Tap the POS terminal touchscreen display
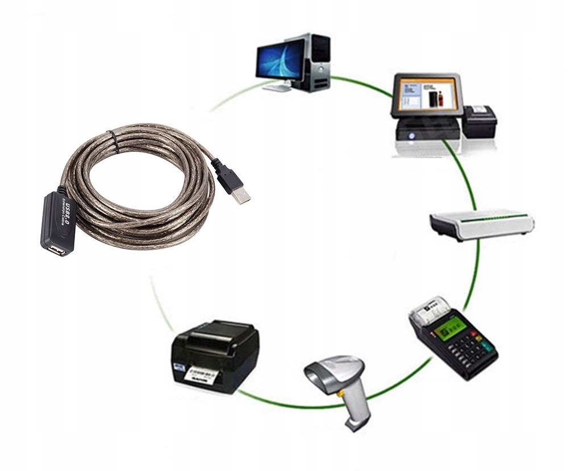pyautogui.click(x=427, y=95)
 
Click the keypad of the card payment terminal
pyautogui.click(x=471, y=348)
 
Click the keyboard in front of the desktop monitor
pyautogui.click(x=278, y=88)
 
